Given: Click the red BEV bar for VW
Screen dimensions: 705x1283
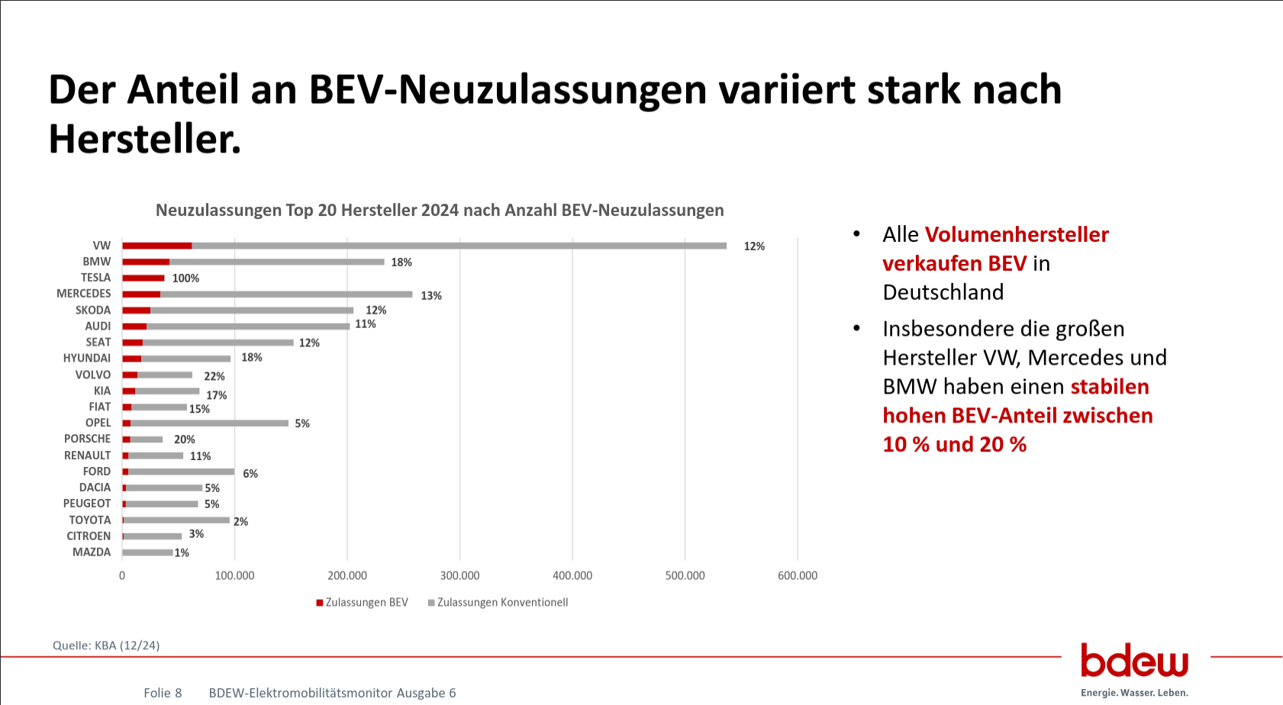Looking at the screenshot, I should (x=157, y=246).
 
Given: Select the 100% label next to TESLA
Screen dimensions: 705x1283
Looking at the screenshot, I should (x=185, y=278).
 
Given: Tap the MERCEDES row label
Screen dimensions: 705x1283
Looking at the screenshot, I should (x=84, y=294).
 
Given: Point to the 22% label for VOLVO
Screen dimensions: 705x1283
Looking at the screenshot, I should (x=214, y=376).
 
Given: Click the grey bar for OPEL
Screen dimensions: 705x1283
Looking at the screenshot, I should (x=209, y=423).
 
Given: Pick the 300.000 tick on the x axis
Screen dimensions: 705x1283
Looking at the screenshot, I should (x=459, y=575).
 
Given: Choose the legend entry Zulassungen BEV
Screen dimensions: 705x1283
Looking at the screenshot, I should (x=363, y=603).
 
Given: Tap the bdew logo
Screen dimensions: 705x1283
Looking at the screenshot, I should (x=1134, y=661).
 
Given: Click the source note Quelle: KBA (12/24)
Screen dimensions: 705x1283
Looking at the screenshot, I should (x=106, y=645).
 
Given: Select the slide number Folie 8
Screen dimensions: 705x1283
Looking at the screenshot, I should (x=163, y=693).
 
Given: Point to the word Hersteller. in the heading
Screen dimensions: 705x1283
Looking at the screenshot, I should (x=145, y=139).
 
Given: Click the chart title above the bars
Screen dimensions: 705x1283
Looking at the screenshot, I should (x=440, y=211).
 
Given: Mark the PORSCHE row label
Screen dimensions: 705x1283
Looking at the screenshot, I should (x=88, y=439).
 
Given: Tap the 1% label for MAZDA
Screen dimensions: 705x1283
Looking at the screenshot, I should (x=182, y=553).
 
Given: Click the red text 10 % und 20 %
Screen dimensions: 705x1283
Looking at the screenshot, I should (x=954, y=445).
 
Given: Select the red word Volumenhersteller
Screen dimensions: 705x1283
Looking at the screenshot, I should (x=1017, y=234).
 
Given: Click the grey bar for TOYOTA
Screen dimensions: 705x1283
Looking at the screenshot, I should (x=176, y=520).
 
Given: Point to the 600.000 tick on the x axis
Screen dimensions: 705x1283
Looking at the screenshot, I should (x=798, y=575).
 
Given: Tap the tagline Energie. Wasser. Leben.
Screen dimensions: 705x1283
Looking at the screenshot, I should (x=1134, y=693).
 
